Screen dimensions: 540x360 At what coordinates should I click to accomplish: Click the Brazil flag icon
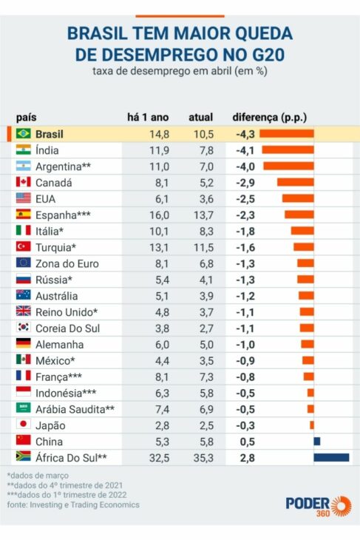(x=23, y=134)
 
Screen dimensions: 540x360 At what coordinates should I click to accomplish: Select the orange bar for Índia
(x=288, y=150)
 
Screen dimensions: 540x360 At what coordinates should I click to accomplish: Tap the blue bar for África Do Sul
(x=331, y=457)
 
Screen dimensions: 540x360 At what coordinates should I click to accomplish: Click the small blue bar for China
(x=316, y=441)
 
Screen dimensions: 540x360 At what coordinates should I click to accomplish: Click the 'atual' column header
(x=200, y=117)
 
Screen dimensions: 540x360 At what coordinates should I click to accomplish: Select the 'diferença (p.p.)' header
(x=269, y=117)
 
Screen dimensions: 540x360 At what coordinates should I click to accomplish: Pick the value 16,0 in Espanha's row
(x=159, y=215)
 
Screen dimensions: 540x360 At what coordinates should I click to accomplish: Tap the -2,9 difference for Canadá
(x=245, y=182)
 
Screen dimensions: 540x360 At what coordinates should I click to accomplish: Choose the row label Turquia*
(x=56, y=247)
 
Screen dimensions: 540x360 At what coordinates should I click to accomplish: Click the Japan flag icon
(x=23, y=425)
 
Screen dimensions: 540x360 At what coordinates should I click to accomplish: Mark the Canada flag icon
(x=23, y=182)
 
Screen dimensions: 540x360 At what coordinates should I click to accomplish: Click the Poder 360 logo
(x=319, y=504)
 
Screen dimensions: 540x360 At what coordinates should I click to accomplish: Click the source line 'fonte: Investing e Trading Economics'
(x=73, y=504)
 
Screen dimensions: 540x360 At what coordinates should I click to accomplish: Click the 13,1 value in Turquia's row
(x=159, y=247)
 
